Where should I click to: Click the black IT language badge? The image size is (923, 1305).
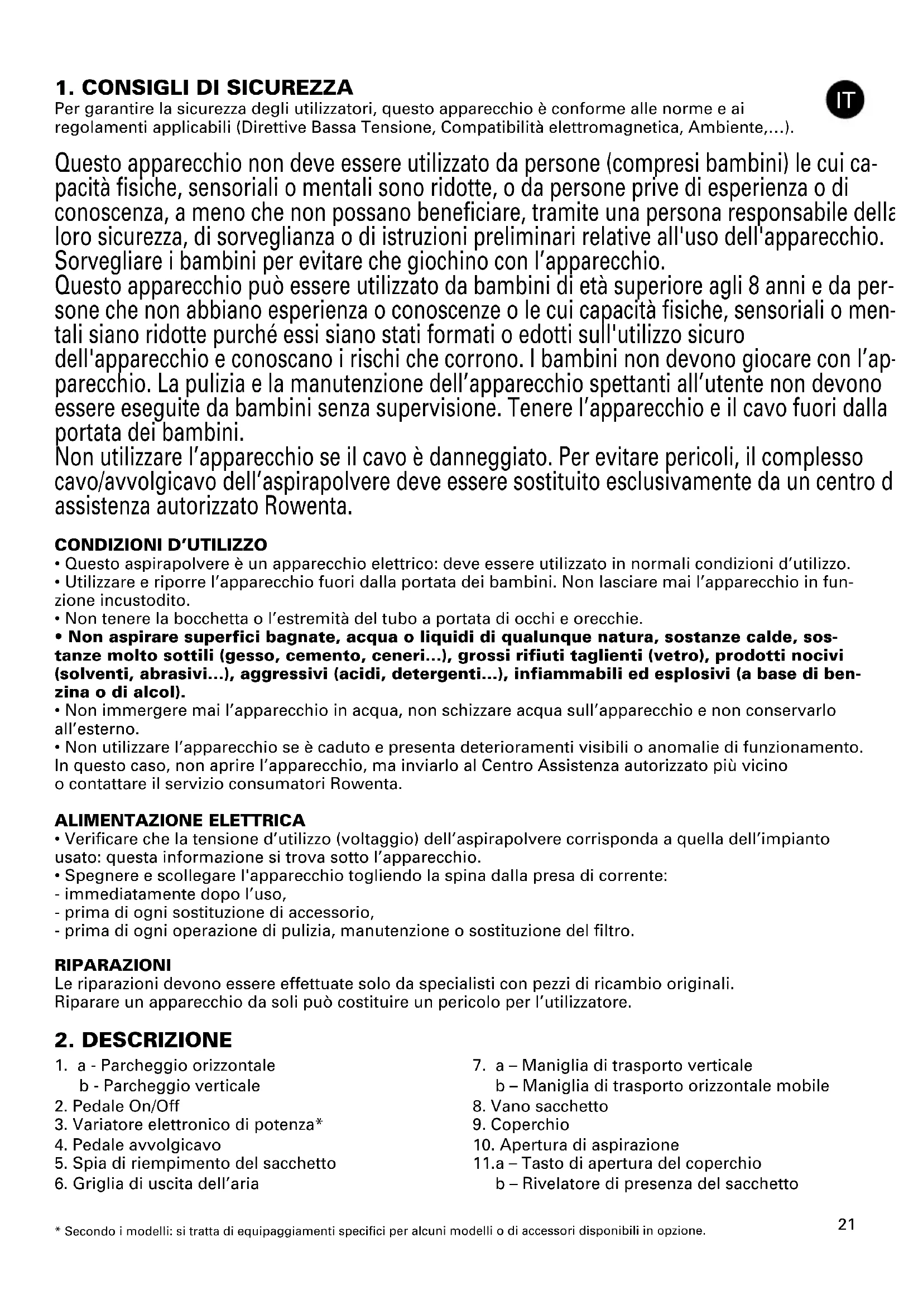(845, 99)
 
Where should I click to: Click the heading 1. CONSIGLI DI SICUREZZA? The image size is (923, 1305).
(204, 88)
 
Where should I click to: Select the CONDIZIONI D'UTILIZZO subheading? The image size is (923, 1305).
(161, 545)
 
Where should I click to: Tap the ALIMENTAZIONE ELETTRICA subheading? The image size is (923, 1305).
(180, 820)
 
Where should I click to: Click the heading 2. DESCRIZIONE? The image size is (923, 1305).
(143, 1039)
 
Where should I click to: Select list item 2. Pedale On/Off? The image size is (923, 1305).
(117, 1106)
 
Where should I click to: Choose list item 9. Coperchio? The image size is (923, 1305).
(521, 1124)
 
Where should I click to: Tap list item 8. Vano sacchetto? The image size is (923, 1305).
(541, 1106)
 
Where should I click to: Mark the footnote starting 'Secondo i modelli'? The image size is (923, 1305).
(379, 1231)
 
